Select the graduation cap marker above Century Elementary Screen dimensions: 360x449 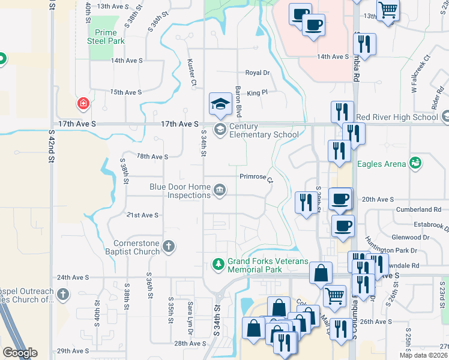pyautogui.click(x=220, y=104)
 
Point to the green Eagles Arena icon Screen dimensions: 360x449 pyautogui.click(x=414, y=163)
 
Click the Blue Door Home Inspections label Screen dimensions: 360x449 pyautogui.click(x=180, y=191)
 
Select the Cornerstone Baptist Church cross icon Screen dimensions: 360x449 pyautogui.click(x=169, y=245)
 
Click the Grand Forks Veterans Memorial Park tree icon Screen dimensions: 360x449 pyautogui.click(x=218, y=263)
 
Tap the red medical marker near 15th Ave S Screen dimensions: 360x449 pyautogui.click(x=83, y=103)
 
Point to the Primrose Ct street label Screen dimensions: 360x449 pyautogui.click(x=256, y=178)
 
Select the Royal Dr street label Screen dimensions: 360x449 pyautogui.click(x=258, y=73)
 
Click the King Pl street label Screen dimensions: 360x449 pyautogui.click(x=256, y=93)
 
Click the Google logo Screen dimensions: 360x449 pyautogui.click(x=20, y=353)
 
